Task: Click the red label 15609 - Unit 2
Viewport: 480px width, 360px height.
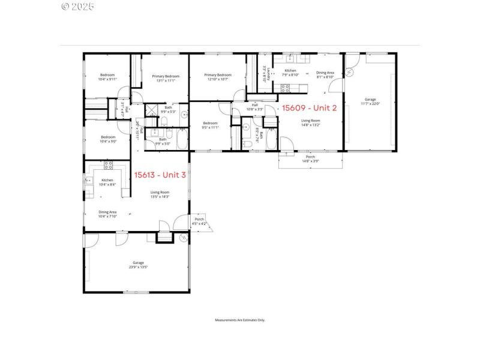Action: (x=310, y=108)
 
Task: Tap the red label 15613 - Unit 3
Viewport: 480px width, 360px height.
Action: (x=160, y=175)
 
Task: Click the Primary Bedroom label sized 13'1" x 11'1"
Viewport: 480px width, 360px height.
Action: (x=166, y=78)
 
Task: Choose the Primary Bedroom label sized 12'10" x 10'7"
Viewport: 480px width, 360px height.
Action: (x=218, y=77)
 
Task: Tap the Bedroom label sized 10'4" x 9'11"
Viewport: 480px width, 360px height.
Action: (x=108, y=77)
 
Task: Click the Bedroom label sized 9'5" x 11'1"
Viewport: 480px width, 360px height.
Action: (x=210, y=125)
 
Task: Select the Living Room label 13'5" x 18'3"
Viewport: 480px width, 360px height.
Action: (x=160, y=194)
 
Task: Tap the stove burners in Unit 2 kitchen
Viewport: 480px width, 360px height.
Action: (x=286, y=87)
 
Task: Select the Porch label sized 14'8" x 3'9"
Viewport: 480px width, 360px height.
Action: (x=311, y=159)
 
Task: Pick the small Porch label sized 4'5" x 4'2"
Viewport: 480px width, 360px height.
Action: (x=199, y=221)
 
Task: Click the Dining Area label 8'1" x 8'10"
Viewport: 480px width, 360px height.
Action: (x=325, y=74)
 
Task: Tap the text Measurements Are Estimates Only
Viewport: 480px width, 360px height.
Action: (x=240, y=320)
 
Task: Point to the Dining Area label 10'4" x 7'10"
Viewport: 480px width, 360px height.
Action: (x=107, y=214)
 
